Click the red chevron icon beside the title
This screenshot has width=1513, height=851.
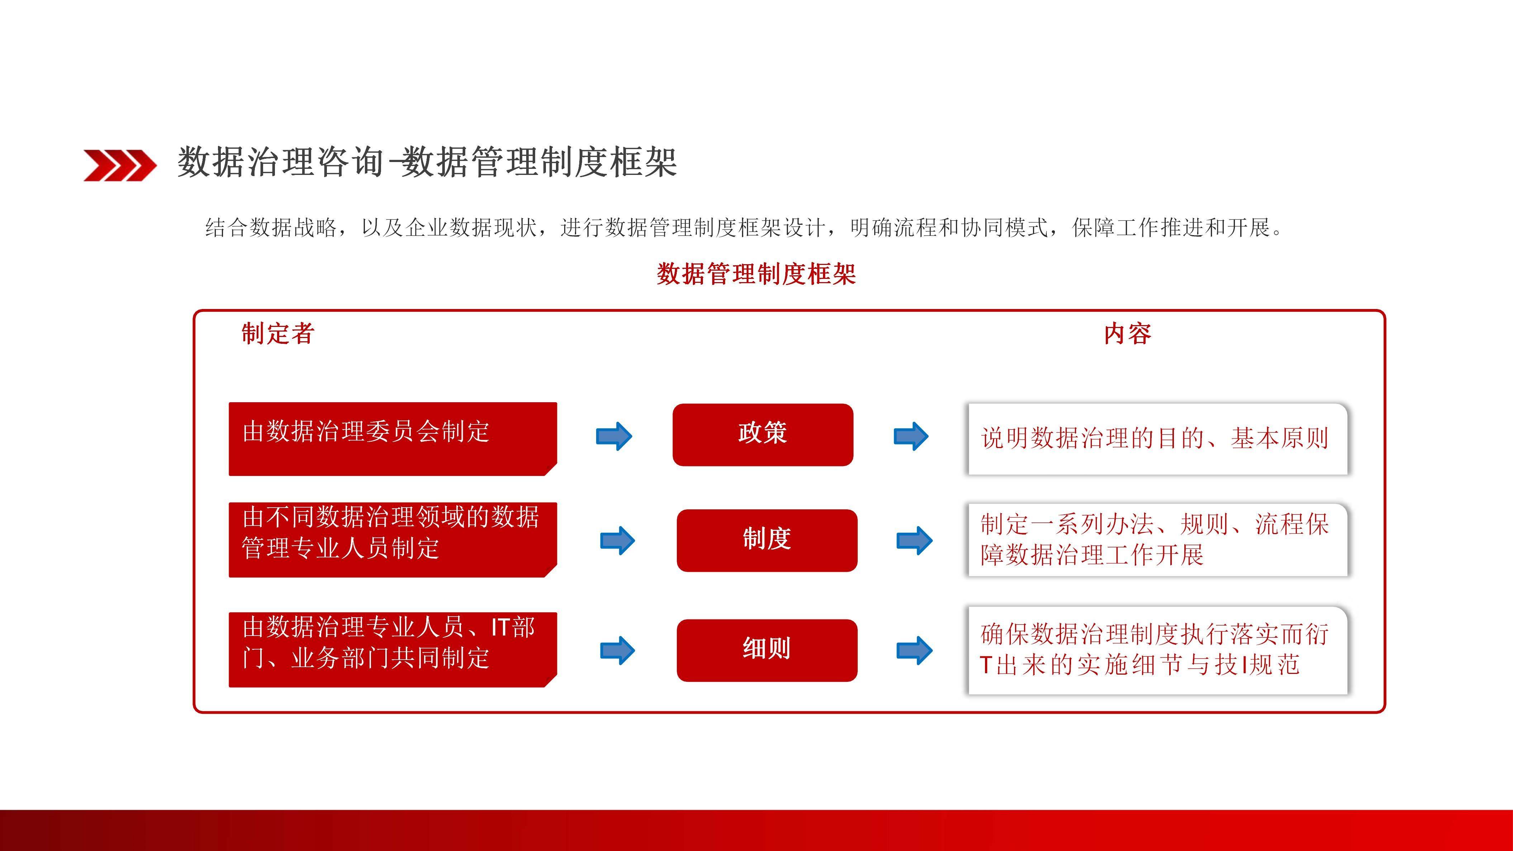click(120, 165)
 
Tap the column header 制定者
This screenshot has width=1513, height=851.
click(278, 334)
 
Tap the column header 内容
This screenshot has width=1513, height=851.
click(1127, 334)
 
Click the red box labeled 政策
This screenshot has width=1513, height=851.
click(762, 434)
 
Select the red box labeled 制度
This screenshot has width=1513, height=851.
click(766, 540)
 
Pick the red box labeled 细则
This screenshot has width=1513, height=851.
click(766, 650)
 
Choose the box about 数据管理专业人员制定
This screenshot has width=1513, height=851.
click(392, 539)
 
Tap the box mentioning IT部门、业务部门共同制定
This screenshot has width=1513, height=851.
click(392, 649)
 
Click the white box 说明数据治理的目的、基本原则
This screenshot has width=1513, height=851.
click(1157, 439)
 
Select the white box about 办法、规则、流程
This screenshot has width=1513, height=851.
click(1157, 539)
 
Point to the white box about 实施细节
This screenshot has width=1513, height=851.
click(1157, 650)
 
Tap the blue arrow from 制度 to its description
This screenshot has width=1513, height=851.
click(914, 540)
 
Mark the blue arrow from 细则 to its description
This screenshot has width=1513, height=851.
click(914, 650)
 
